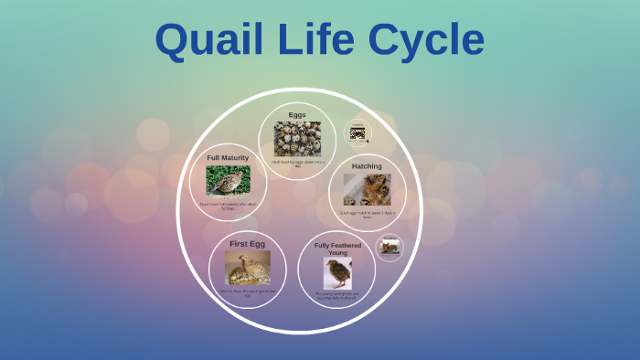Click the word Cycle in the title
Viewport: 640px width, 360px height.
(426, 40)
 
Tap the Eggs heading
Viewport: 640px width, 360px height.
(297, 114)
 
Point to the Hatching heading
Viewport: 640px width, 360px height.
(367, 166)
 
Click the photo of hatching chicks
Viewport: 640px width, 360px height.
(367, 190)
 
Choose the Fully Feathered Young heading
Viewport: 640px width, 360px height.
(337, 249)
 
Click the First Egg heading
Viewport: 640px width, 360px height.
(247, 244)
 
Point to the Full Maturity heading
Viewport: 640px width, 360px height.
(228, 158)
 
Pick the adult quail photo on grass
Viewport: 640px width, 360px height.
(228, 181)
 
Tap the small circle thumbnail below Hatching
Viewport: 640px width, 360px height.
(389, 247)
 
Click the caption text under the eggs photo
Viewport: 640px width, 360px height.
(297, 164)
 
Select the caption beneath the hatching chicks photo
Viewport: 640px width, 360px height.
(367, 215)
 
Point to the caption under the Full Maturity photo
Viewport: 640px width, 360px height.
(228, 206)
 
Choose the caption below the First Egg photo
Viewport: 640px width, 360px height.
(247, 292)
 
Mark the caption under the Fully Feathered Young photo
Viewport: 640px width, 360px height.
(337, 295)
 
